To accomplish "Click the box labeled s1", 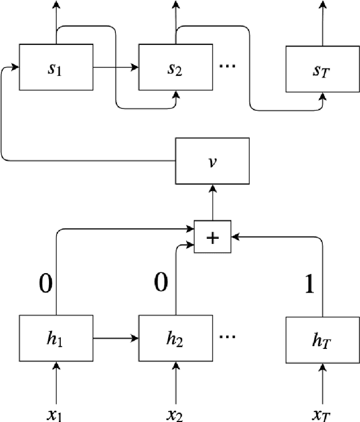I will pyautogui.click(x=56, y=67).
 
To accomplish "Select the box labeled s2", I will pyautogui.click(x=175, y=67).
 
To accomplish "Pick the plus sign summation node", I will pyautogui.click(x=213, y=237).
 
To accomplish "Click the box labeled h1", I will pyautogui.click(x=56, y=338).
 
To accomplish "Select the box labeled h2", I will pyautogui.click(x=175, y=338).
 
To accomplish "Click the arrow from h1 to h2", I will pyautogui.click(x=115, y=338).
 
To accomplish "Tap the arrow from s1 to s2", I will pyautogui.click(x=115, y=67).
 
